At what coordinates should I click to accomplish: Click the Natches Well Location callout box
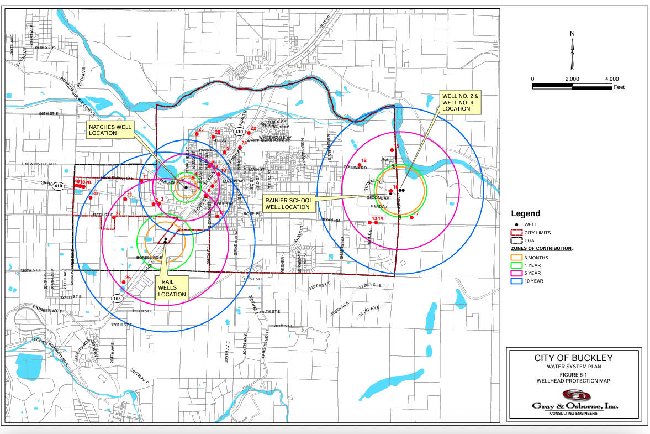tap(110, 129)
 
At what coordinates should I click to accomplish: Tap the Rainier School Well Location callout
tap(287, 203)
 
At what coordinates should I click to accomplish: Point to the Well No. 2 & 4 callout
tap(456, 102)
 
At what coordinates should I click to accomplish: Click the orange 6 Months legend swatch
tap(517, 257)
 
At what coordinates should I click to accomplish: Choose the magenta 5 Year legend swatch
tap(517, 273)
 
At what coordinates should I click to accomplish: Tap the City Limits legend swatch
tap(517, 233)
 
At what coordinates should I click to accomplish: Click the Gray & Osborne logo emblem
tap(576, 395)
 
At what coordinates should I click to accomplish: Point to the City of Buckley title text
tap(573, 358)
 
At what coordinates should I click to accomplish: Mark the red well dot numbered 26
tap(124, 283)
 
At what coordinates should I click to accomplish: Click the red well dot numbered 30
tap(91, 198)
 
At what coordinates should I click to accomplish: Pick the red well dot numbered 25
tap(196, 134)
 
